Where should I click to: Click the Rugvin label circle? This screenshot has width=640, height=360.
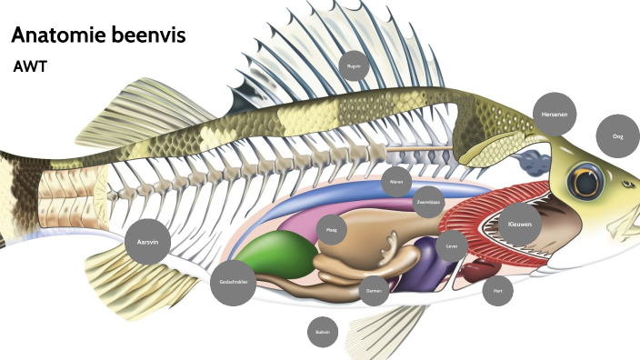point(355,66)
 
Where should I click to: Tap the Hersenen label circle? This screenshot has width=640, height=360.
point(554,115)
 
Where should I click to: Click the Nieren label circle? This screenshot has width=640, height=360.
point(396,182)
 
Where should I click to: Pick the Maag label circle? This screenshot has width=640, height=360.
point(332,231)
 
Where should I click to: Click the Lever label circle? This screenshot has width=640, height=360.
point(452,245)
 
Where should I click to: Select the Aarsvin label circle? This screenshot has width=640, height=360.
point(147,242)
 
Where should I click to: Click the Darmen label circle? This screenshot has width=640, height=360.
point(374,291)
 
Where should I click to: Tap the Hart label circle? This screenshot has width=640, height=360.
point(497,291)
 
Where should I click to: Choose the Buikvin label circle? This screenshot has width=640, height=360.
point(323,333)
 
